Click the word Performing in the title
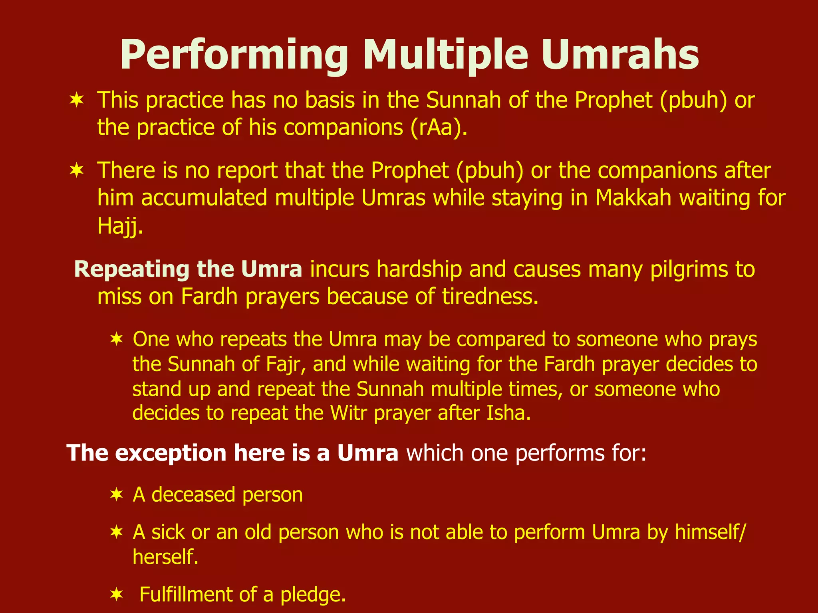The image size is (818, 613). pos(234,56)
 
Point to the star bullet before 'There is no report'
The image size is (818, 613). pos(76,171)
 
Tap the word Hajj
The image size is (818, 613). pos(119,226)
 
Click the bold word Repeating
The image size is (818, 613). pos(131,270)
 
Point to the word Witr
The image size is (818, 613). pos(348,413)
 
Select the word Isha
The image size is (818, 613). pos(508,413)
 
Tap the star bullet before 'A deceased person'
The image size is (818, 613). pos(116,495)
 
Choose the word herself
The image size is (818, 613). pos(165,557)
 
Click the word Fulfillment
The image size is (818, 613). pos(186,595)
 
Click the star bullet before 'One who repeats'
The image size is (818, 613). pos(116,340)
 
